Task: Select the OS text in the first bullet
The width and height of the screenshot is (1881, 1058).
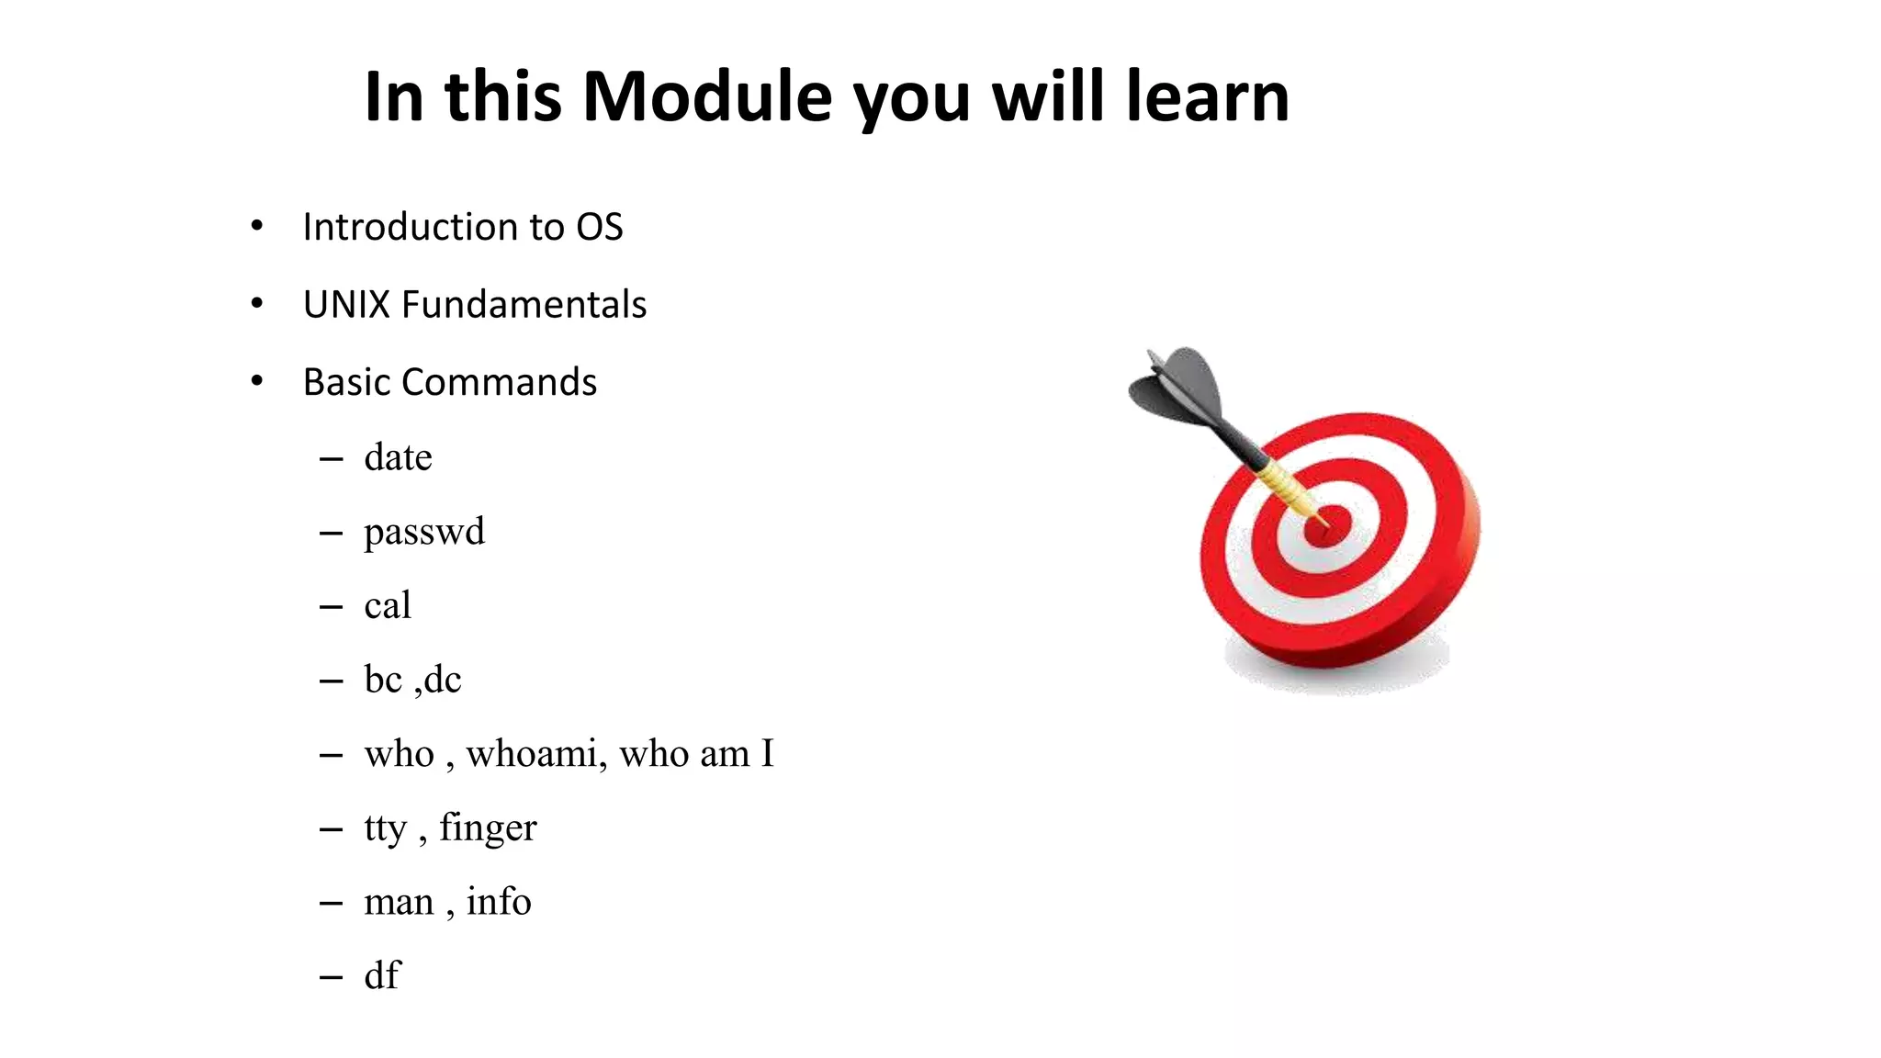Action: (x=599, y=227)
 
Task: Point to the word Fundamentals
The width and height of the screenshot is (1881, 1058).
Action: (x=524, y=305)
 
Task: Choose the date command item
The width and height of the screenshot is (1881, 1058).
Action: (x=398, y=457)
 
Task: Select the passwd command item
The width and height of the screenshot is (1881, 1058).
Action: (x=423, y=532)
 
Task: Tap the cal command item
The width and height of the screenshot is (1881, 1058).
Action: (x=387, y=606)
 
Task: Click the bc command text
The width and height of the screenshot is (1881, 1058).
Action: (x=383, y=680)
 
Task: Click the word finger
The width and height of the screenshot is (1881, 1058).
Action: (x=488, y=828)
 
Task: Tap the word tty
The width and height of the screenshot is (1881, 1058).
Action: (x=385, y=828)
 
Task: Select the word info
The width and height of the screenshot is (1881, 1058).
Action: (x=498, y=902)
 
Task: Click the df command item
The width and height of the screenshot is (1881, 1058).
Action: (x=382, y=975)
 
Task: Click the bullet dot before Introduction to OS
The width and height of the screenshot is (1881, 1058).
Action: (x=257, y=226)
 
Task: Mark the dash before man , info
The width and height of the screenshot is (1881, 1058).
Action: (x=331, y=904)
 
